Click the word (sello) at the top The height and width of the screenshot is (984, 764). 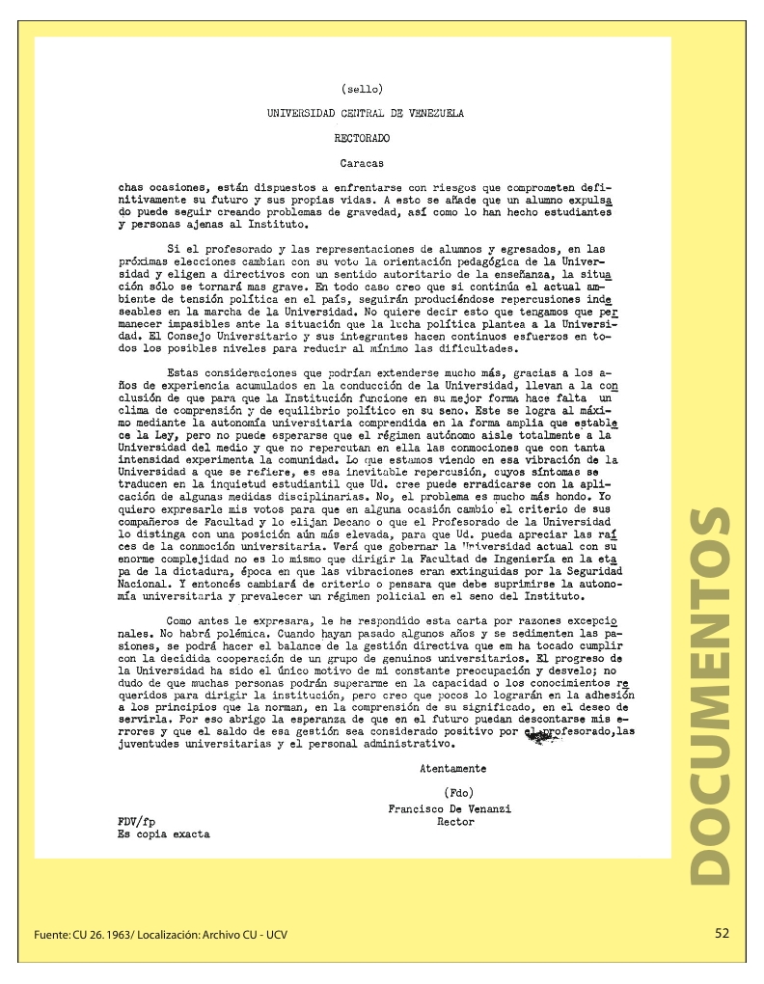pyautogui.click(x=363, y=90)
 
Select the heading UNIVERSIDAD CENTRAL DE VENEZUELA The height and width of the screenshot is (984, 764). pyautogui.click(x=366, y=114)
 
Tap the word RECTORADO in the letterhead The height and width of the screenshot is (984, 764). pyautogui.click(x=363, y=139)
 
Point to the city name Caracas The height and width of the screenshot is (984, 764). pyautogui.click(x=363, y=164)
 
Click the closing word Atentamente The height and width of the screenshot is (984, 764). pyautogui.click(x=452, y=769)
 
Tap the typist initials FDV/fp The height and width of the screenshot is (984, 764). pyautogui.click(x=137, y=822)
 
